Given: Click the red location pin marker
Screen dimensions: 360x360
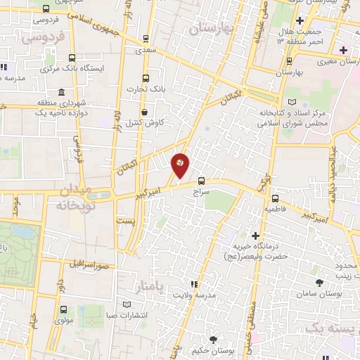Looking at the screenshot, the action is point(181,165).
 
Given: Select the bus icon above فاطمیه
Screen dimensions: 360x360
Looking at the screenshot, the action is point(275,198).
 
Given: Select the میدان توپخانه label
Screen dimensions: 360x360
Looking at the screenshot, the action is point(70,200).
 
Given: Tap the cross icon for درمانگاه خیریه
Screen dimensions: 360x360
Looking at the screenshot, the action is point(255,236).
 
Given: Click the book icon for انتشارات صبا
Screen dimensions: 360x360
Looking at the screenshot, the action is point(127,304).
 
